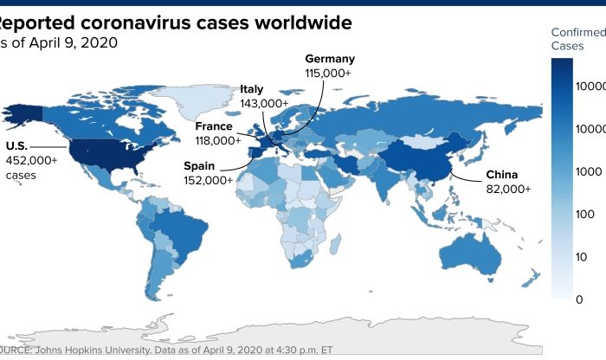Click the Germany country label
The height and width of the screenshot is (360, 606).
[x=331, y=59]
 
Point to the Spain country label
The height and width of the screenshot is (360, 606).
[x=201, y=165]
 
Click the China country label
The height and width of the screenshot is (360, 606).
[x=501, y=174]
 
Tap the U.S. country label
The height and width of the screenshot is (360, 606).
[x=18, y=145]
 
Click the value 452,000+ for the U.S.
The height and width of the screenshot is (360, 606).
[x=32, y=159]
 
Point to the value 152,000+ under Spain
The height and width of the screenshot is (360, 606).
[x=208, y=180]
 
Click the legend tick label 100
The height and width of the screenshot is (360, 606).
[x=572, y=214]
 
